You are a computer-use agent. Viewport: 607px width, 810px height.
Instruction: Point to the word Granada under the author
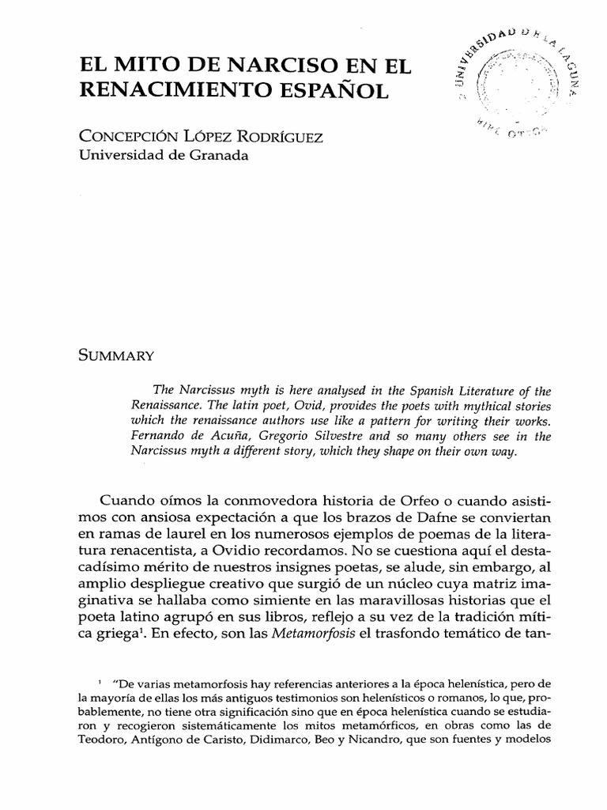213,156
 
